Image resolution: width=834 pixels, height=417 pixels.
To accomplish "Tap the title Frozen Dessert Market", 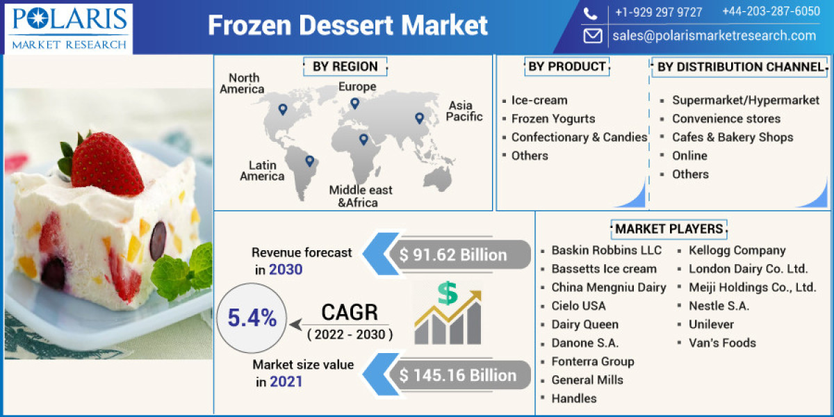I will pos(347,26).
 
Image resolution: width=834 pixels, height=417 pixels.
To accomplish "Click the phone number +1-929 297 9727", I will pos(658,13).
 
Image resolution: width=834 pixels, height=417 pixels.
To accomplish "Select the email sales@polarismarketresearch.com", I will pos(714,35).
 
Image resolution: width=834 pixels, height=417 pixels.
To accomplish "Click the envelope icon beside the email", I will pos(592,35).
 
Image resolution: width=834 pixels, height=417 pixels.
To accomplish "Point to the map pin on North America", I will pos(282,109).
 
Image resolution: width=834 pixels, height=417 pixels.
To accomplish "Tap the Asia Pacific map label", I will pos(464,111).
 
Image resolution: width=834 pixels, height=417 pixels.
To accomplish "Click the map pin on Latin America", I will pos(309,161).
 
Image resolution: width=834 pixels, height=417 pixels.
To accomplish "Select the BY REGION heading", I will pos(345,67).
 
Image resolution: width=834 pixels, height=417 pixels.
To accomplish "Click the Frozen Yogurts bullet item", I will pos(553,119).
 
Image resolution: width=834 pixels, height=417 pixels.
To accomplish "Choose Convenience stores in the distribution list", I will pos(726,119).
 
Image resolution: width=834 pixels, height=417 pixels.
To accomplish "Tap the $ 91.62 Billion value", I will pos(453,255).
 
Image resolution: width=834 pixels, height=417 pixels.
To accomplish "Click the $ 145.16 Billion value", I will pos(458,376).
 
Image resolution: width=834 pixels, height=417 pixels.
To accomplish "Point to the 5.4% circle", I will pos(252,318).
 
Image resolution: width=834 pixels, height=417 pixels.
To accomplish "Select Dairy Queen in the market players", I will pos(584,325).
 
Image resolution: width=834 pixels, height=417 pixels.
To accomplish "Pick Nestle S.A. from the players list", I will pos(719,306).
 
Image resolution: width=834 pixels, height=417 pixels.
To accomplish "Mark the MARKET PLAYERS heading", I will pos(669,229).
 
